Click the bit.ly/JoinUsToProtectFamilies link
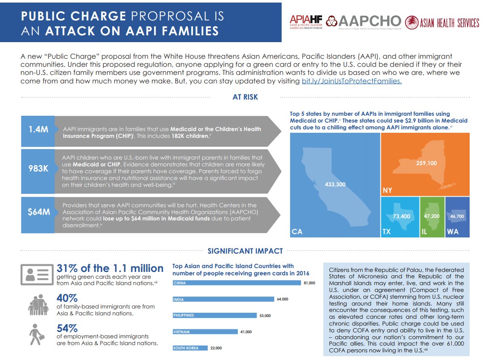pyautogui.click(x=351, y=81)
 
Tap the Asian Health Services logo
pyautogui.click(x=442, y=23)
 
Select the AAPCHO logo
pyautogui.click(x=364, y=22)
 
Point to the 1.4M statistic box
pyautogui.click(x=38, y=129)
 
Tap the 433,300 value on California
pyautogui.click(x=335, y=184)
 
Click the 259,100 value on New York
pyautogui.click(x=427, y=163)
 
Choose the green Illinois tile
pyautogui.click(x=432, y=217)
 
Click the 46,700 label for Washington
pyautogui.click(x=457, y=216)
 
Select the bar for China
pyautogui.click(x=236, y=283)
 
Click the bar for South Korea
pyautogui.click(x=190, y=348)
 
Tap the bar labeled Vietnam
pyautogui.click(x=205, y=331)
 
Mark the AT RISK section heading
pyautogui.click(x=245, y=97)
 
